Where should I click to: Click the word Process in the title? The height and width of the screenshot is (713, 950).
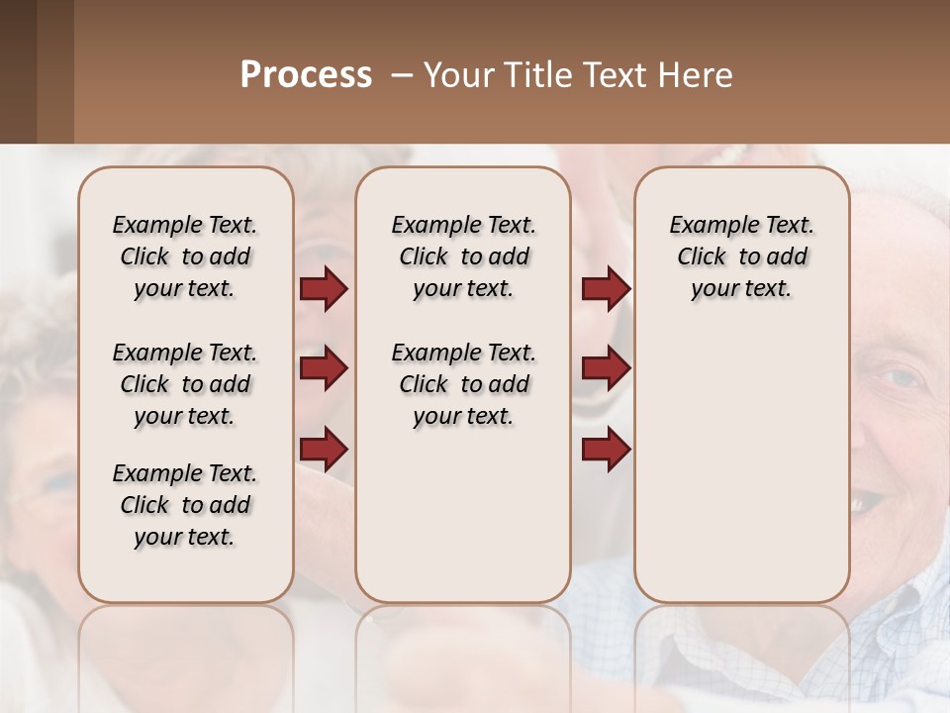[306, 75]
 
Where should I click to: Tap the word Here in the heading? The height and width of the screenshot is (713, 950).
[697, 75]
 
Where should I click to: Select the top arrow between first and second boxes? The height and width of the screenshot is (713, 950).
[324, 289]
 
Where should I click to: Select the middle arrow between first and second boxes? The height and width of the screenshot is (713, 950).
[324, 369]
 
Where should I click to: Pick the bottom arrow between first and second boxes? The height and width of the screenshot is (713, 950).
[324, 450]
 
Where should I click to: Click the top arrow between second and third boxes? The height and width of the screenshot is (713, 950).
[606, 289]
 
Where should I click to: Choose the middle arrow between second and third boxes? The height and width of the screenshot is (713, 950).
[606, 369]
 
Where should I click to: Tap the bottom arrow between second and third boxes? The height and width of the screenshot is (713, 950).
[606, 450]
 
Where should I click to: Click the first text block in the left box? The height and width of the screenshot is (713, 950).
[185, 256]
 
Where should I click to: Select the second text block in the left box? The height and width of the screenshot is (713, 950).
[185, 384]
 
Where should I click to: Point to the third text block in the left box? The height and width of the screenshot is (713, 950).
[185, 505]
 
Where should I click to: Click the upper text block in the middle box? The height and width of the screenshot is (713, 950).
[464, 256]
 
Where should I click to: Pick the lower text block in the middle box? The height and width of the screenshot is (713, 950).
[464, 384]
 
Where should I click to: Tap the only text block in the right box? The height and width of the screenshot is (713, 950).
[742, 256]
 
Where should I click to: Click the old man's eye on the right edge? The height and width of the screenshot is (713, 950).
[902, 378]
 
